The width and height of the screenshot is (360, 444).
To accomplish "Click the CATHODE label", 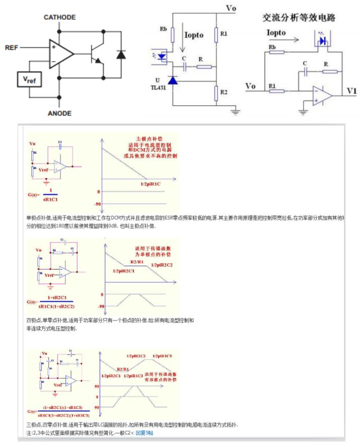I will [x=59, y=17].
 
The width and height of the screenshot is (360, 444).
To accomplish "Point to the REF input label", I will [x=11, y=48].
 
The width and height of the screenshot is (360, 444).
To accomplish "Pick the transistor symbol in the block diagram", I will [x=95, y=54].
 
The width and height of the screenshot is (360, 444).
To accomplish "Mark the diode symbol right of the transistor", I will [x=120, y=54].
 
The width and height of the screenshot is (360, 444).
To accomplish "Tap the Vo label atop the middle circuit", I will [x=231, y=8].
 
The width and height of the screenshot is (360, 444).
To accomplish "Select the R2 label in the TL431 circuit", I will [x=224, y=93].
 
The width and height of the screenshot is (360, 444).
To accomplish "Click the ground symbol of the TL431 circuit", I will [x=235, y=111].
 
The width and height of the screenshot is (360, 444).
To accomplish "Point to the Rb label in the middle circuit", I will [x=164, y=28].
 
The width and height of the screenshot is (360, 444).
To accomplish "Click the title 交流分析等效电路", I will [x=299, y=17].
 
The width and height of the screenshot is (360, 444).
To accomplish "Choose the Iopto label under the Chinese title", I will [x=274, y=33].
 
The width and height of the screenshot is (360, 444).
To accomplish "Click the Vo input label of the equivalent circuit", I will [x=251, y=86].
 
